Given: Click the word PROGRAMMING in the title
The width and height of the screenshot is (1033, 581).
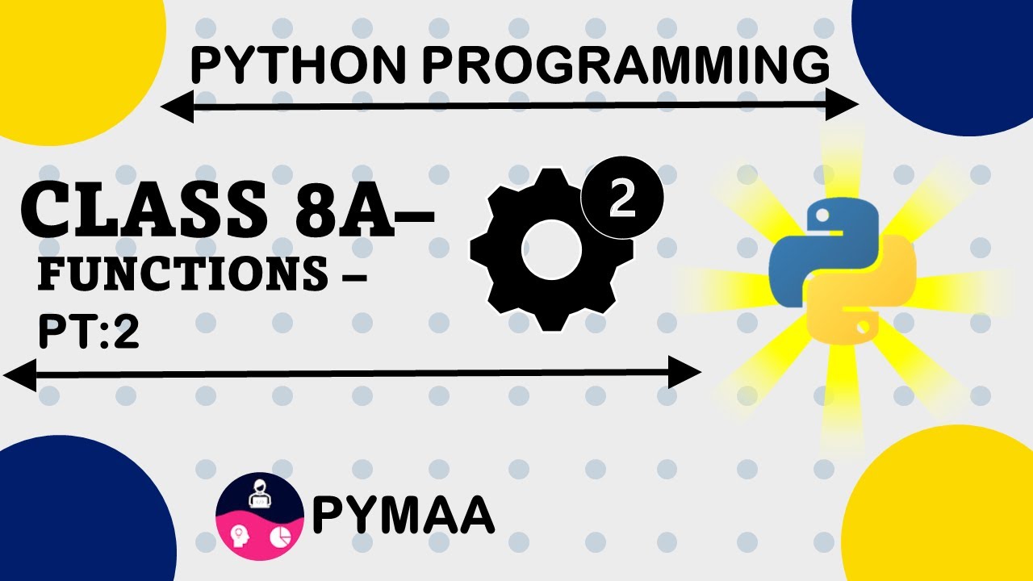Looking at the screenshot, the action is pos(625,66).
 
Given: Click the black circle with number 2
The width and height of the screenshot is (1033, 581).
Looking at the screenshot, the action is pos(622,199).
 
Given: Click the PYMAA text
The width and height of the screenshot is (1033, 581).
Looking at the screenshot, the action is pos(403,516).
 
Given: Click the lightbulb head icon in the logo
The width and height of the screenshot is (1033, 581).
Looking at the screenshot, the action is pos(240,534).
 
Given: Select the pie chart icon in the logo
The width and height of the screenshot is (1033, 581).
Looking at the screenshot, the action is pos(278,537).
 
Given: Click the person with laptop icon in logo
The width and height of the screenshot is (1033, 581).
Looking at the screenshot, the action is pos(260,494).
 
